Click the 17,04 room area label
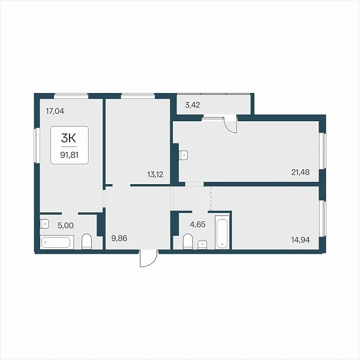[55, 112]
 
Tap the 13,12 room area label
[155, 175]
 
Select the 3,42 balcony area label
[193, 105]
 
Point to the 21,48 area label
[301, 172]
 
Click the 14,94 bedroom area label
[301, 240]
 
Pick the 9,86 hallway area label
[119, 238]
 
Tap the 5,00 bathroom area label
[65, 226]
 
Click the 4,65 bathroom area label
[197, 224]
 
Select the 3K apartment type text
[68, 138]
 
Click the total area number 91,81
[70, 155]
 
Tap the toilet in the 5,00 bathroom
[86, 242]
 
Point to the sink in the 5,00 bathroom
[44, 224]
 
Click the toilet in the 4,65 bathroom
[188, 242]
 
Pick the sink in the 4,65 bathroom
[202, 245]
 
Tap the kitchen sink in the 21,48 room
[184, 155]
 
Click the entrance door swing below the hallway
[149, 259]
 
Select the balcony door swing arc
[230, 125]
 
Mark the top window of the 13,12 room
[138, 96]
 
